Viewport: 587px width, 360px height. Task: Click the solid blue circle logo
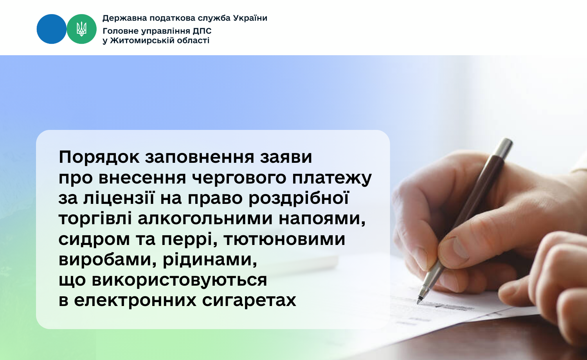tap(51, 29)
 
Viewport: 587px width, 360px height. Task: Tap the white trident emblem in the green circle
tap(81, 29)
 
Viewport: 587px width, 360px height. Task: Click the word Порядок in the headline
tap(99, 157)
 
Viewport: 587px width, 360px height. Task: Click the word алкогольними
tap(205, 219)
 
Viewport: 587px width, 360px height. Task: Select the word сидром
tap(94, 240)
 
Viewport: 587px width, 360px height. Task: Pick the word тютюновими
tap(284, 239)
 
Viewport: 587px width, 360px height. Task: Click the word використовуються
tap(179, 280)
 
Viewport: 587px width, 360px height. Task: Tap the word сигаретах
tap(249, 301)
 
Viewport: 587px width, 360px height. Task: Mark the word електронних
tap(135, 301)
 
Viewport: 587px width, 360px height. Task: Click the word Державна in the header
tap(119, 18)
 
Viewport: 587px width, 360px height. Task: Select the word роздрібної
tap(299, 198)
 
